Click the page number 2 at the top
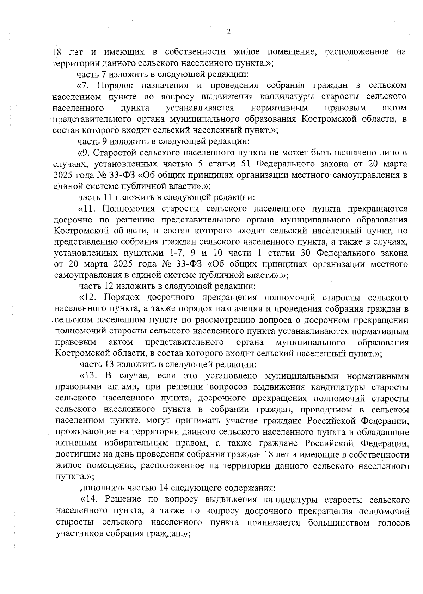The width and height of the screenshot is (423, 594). (228, 31)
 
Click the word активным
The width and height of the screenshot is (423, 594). (75, 443)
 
